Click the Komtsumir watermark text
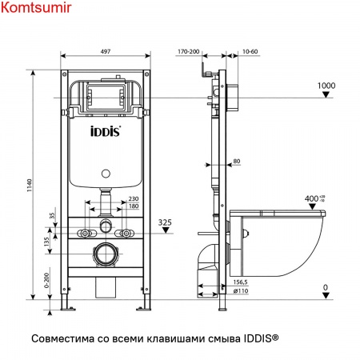[x=36, y=7]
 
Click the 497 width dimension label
[x=106, y=51]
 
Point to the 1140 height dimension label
[x=29, y=186]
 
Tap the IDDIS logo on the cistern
[x=106, y=131]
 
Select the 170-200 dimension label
[x=189, y=51]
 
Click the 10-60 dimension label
[x=250, y=51]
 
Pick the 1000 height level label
[x=326, y=86]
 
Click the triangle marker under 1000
[x=326, y=94]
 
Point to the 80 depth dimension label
[x=237, y=161]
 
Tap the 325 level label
[x=165, y=222]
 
